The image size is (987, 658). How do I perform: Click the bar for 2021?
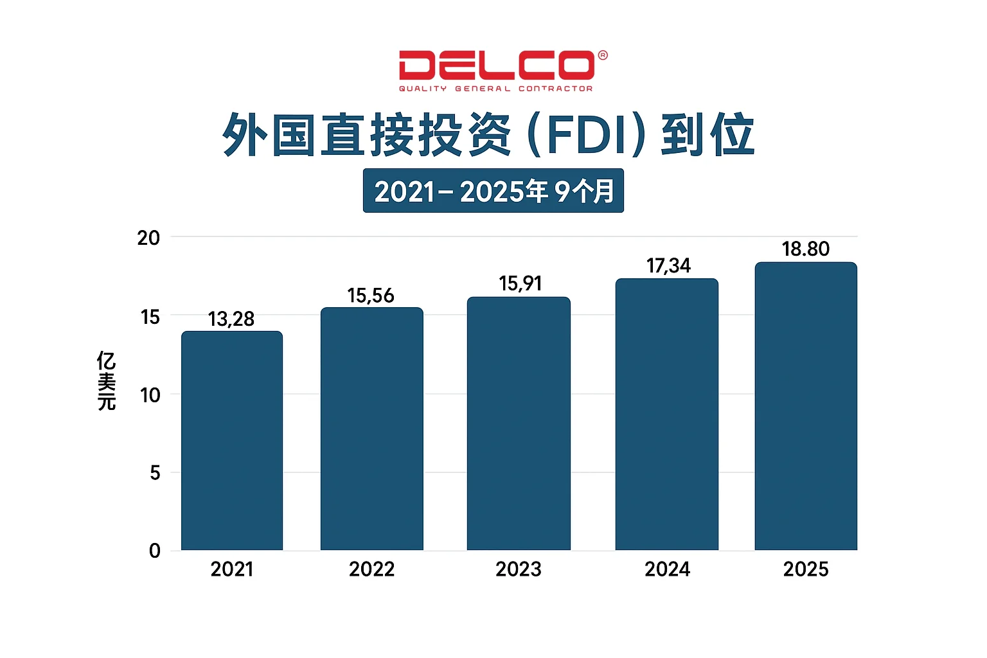(x=232, y=441)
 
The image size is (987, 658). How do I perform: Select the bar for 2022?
(x=372, y=429)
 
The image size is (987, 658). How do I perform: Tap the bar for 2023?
(x=519, y=423)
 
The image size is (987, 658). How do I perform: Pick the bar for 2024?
(x=667, y=414)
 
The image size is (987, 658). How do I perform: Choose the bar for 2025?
(x=806, y=406)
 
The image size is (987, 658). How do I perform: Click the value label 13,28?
(x=231, y=319)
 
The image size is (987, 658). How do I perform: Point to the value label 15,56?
(x=371, y=296)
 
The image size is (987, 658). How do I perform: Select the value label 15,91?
(x=520, y=283)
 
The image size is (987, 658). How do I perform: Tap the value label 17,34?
(x=668, y=265)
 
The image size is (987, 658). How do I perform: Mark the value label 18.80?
(x=806, y=249)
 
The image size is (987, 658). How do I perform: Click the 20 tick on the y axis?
(x=148, y=238)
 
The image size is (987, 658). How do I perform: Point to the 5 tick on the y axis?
(x=155, y=473)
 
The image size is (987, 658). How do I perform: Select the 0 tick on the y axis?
(x=155, y=551)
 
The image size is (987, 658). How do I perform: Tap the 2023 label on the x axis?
(x=519, y=569)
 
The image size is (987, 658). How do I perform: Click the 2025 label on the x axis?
(x=806, y=569)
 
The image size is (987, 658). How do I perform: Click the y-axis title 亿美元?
(x=107, y=380)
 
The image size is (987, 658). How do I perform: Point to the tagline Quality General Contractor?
(x=495, y=89)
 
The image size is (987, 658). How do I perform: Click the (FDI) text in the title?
(x=585, y=136)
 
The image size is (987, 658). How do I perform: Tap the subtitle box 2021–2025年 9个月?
(x=493, y=191)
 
